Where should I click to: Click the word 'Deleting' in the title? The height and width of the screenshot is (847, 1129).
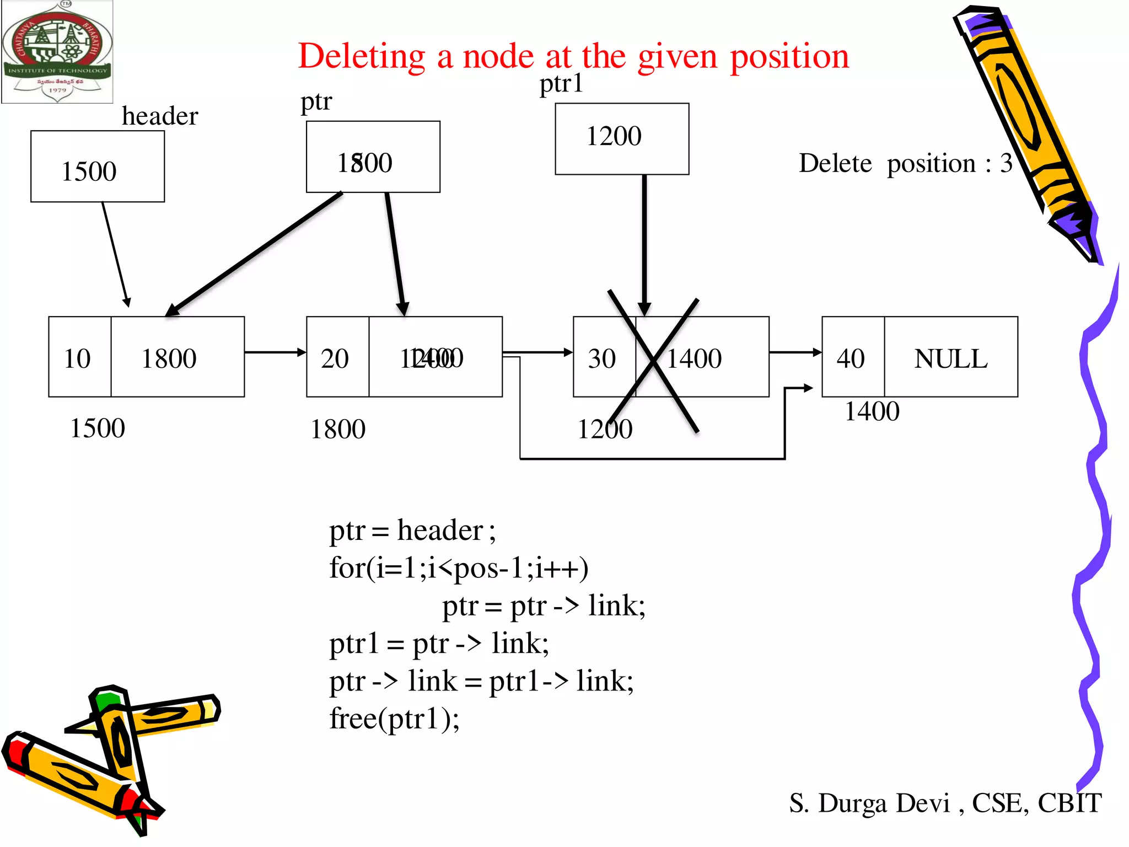[x=362, y=56]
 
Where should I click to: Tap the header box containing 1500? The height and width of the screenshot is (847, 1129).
[x=98, y=167]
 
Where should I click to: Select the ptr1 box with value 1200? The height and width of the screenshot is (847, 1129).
[x=621, y=139]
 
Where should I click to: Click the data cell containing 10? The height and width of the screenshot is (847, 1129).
[x=79, y=357]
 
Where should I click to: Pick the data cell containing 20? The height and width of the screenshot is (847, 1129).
[x=337, y=357]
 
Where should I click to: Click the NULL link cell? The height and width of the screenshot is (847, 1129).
[x=950, y=357]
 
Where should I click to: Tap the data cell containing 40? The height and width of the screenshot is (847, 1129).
[x=852, y=357]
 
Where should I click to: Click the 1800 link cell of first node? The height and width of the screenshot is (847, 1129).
[x=177, y=357]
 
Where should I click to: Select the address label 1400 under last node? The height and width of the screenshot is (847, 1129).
[x=872, y=411]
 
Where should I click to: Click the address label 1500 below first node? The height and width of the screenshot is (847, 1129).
[x=98, y=428]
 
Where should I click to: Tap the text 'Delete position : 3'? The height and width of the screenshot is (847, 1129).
[x=905, y=163]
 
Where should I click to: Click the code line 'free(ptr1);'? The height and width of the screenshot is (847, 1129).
[x=394, y=719]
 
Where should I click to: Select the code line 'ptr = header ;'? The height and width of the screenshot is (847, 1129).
[x=412, y=530]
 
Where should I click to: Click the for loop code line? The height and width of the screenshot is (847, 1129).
[x=458, y=568]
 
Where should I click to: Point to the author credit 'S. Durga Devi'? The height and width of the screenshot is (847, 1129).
[x=869, y=803]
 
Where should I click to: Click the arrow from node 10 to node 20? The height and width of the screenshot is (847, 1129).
[x=275, y=352]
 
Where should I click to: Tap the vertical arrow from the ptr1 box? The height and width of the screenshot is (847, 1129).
[x=644, y=243]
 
